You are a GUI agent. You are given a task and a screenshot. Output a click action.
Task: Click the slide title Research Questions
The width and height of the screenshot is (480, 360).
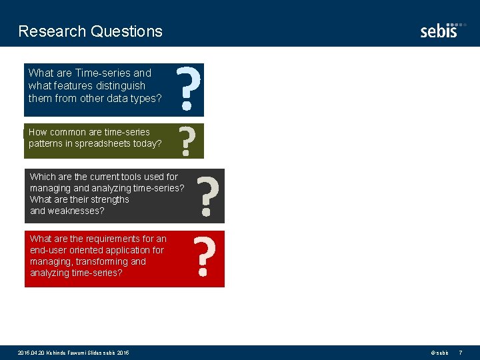90,31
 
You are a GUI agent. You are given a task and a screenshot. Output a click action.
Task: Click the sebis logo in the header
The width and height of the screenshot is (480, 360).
439,29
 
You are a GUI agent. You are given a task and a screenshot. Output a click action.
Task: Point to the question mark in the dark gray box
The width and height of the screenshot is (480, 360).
209,196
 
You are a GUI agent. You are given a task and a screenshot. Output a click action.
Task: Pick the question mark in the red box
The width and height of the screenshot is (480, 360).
205,258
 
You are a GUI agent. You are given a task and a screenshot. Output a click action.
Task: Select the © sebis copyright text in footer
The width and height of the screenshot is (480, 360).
439,352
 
